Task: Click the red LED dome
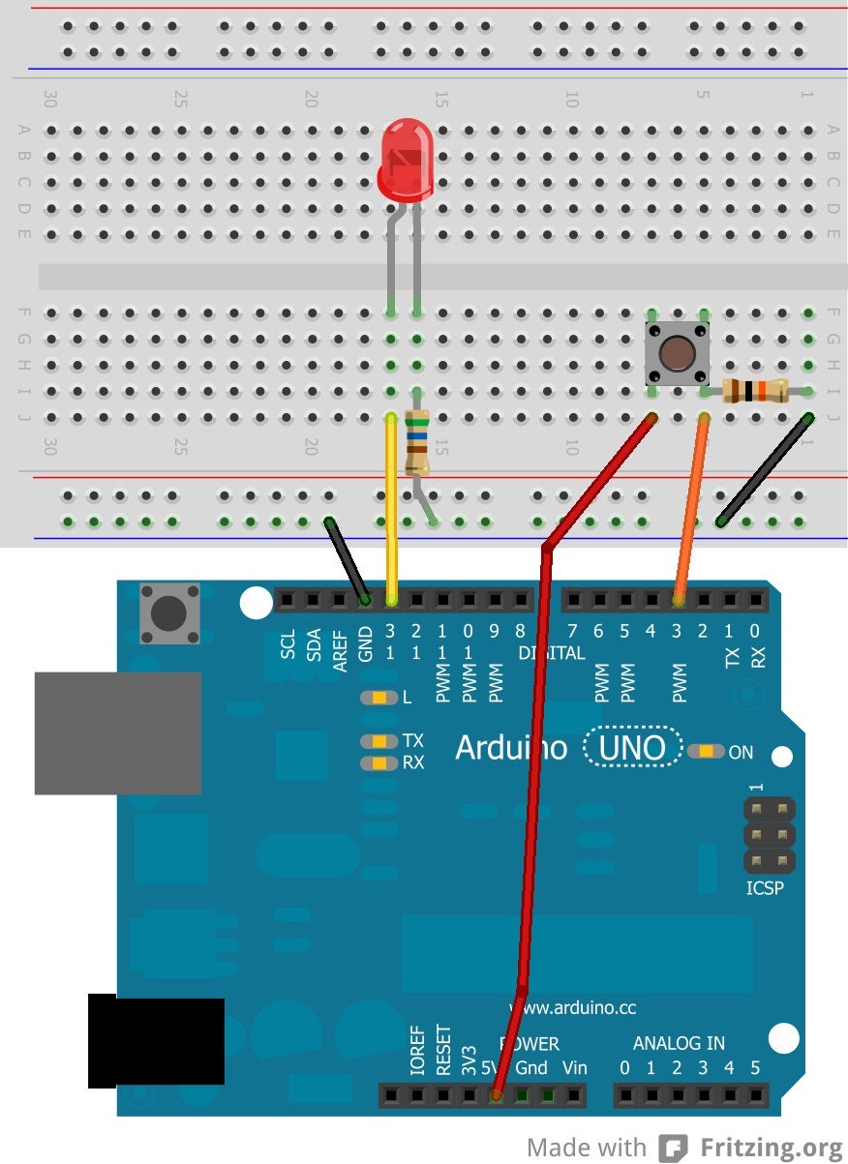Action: pos(406,157)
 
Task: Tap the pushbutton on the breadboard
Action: pos(677,354)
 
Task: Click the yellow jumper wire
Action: pos(391,503)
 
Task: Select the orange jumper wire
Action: pos(691,509)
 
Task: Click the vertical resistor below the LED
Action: pos(417,442)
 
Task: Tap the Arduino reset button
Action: pos(169,612)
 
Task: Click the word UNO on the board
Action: pos(631,748)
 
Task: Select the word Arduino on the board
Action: pos(511,748)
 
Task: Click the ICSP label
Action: pos(765,887)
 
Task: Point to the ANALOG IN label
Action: pos(679,1043)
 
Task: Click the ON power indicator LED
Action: pos(708,751)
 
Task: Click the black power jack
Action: pos(155,1040)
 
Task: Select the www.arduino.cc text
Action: pos(572,1007)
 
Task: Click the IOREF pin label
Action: pos(417,1051)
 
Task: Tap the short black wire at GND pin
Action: pos(347,561)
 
